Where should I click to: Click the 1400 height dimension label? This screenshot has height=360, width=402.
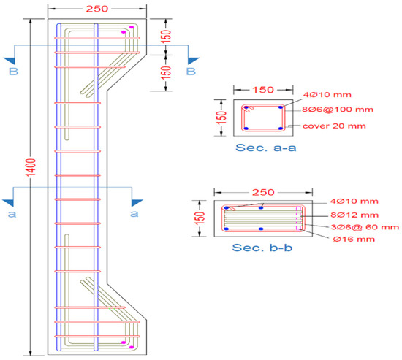[x=31, y=168]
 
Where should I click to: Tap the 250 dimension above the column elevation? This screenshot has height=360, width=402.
[x=97, y=9]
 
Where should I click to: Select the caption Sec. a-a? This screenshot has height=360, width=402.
[x=266, y=148]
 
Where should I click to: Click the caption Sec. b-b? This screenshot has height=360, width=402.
[x=262, y=248]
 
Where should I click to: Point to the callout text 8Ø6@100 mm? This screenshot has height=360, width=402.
[x=338, y=110]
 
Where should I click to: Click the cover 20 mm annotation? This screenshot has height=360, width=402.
[x=334, y=126]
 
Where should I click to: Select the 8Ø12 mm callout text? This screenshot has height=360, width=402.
[x=354, y=215]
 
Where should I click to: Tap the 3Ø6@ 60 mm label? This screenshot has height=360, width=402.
[x=365, y=227]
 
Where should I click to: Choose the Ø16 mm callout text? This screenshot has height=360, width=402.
[x=354, y=239]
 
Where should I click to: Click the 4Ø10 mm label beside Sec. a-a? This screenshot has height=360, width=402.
[x=327, y=95]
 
